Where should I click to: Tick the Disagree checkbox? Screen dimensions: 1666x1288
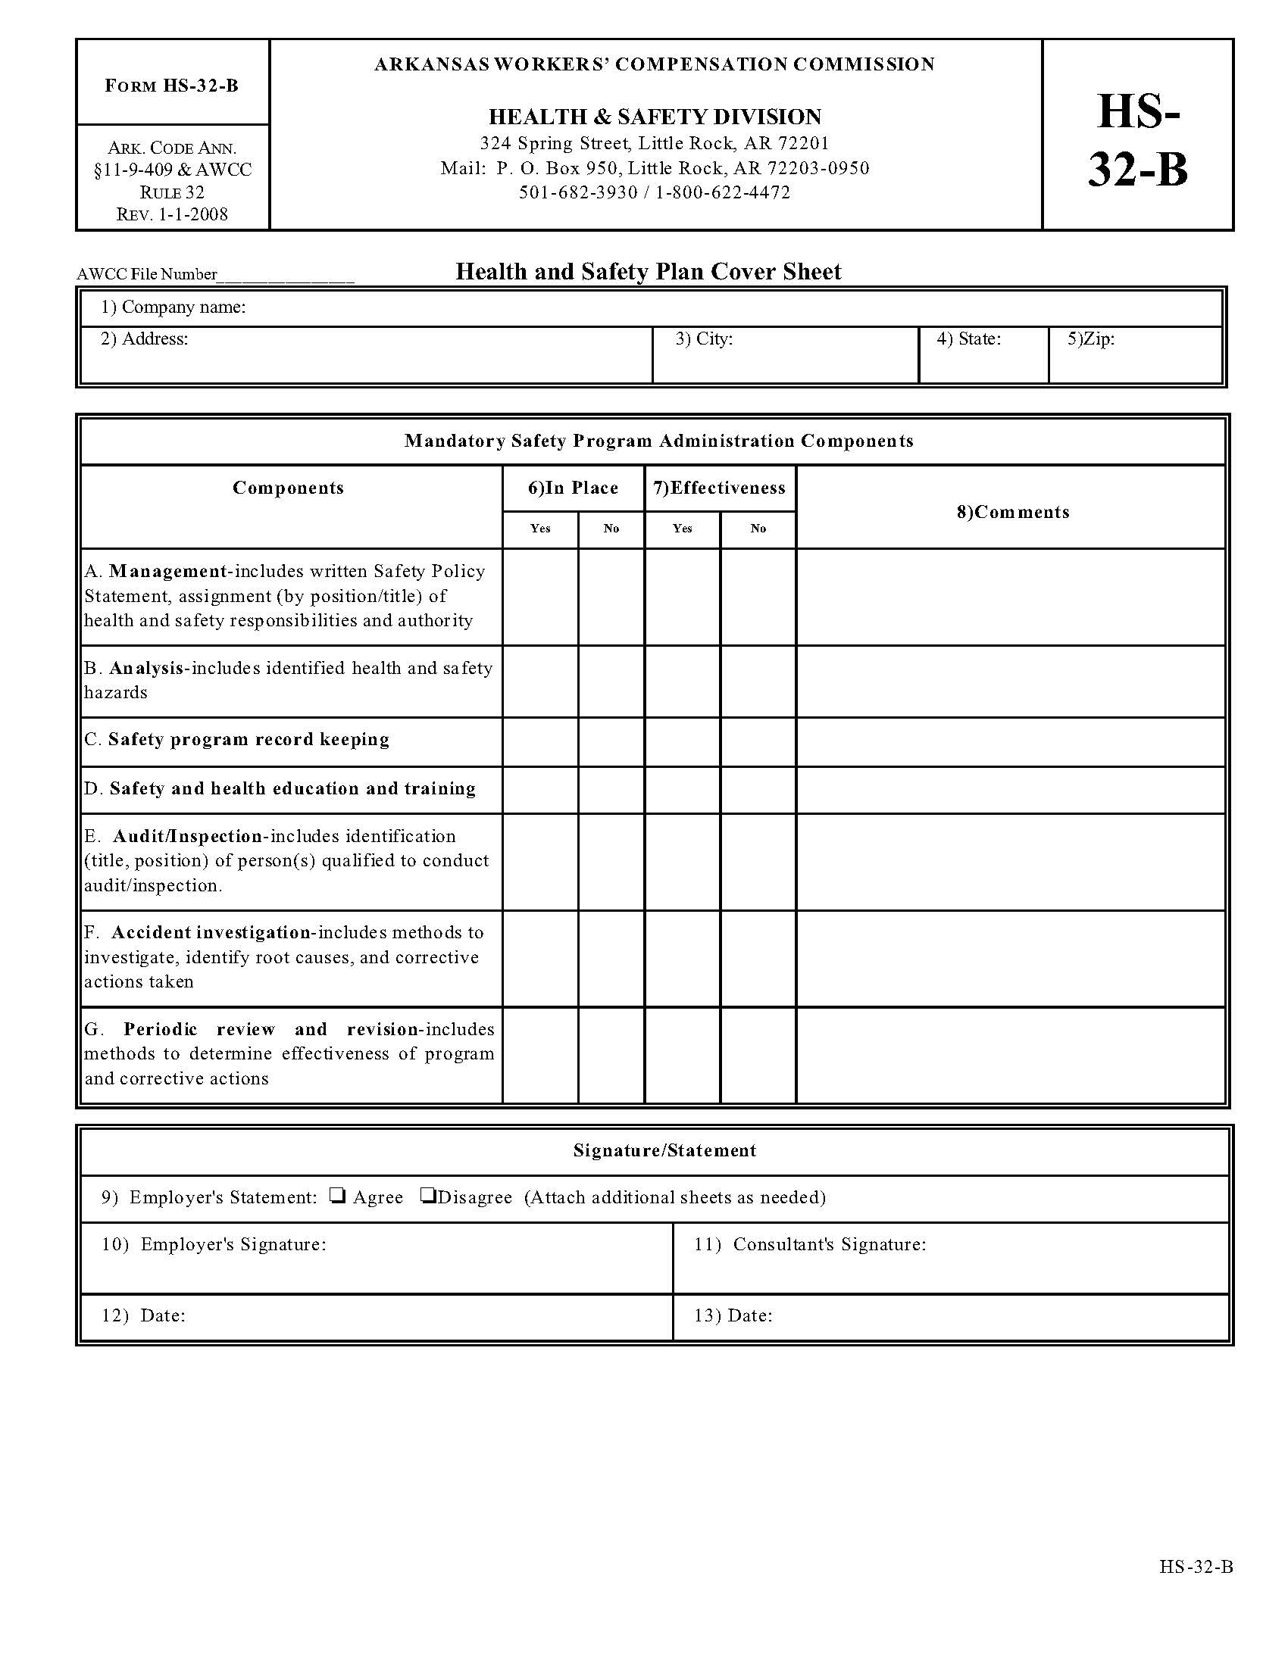click(x=427, y=1196)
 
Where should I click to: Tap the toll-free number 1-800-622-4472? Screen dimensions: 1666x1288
click(x=723, y=192)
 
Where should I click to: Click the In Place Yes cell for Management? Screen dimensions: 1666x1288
click(x=540, y=597)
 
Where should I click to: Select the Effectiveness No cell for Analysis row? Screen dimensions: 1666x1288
click(x=758, y=681)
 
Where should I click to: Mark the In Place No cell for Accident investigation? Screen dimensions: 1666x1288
click(x=611, y=958)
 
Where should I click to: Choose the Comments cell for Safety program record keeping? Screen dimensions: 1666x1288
click(x=1010, y=741)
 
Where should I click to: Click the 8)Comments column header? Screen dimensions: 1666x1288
click(x=1012, y=512)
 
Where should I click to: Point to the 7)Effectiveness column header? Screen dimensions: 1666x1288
click(x=720, y=488)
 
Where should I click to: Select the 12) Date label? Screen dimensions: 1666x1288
click(x=144, y=1315)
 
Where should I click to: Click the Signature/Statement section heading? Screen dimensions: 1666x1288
click(x=664, y=1150)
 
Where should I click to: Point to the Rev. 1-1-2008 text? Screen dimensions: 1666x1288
click(x=173, y=214)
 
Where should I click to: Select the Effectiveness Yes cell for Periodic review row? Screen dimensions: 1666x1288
click(x=682, y=1054)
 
